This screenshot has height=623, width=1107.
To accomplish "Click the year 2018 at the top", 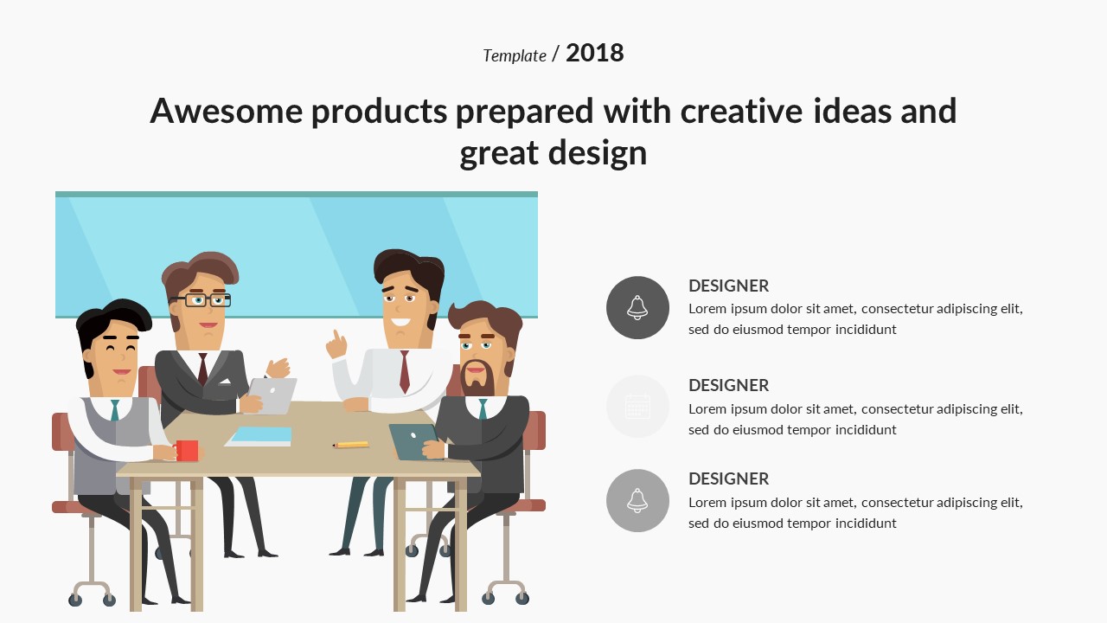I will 594,54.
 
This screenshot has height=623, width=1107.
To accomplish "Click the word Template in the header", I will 514,56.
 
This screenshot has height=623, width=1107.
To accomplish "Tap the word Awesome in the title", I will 226,112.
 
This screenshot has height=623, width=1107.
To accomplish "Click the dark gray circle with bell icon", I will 637,307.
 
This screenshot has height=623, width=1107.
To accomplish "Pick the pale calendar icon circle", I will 637,406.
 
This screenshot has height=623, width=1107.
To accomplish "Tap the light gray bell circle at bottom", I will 637,500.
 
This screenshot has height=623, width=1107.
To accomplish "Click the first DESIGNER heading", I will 728,286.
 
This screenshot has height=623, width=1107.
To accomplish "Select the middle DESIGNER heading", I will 728,385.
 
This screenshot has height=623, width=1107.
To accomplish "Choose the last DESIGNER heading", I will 728,478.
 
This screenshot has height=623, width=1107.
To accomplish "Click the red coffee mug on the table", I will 187,450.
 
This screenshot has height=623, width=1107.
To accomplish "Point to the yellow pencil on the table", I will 352,445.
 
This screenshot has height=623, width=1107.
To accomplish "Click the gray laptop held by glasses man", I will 275,395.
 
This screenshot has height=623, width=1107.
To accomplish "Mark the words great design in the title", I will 553,153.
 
